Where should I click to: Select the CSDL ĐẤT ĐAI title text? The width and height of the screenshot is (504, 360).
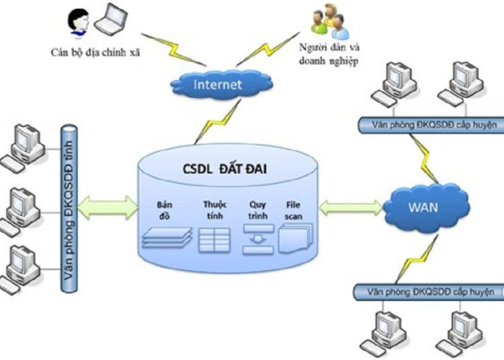click(x=224, y=169)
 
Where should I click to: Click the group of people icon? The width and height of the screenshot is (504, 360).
click(x=329, y=22)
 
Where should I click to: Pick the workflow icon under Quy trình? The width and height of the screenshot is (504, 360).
click(x=257, y=239)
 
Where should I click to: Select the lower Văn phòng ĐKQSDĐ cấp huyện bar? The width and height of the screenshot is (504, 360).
click(x=427, y=291)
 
